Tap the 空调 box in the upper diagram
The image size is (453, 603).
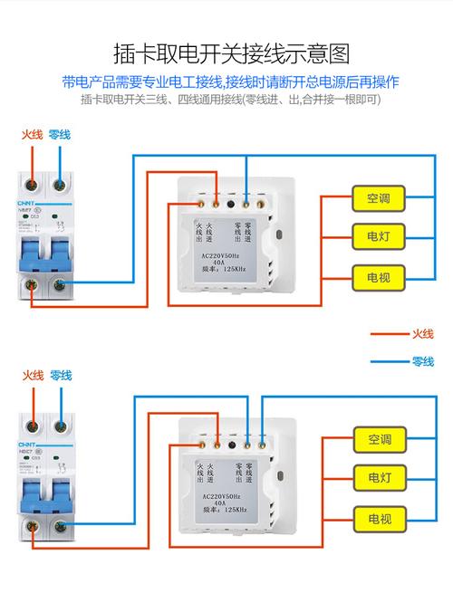coord(378,198)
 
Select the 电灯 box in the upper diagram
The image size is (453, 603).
coord(378,235)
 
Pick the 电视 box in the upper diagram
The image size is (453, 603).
coord(378,273)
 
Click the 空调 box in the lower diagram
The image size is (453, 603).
coord(379,439)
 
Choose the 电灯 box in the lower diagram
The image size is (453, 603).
coord(379,477)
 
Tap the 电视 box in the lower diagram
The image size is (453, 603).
coord(379,519)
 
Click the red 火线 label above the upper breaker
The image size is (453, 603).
coord(34,135)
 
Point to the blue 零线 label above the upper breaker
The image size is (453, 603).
coord(60,135)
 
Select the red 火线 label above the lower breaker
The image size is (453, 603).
coord(34,376)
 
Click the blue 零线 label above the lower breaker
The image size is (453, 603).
coord(60,376)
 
